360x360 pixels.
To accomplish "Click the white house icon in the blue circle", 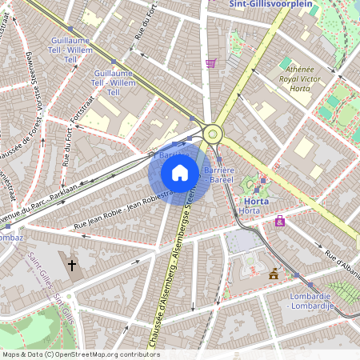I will click(x=180, y=173).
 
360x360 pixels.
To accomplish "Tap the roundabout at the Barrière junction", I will click(x=213, y=134).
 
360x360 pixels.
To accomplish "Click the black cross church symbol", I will click(x=72, y=264).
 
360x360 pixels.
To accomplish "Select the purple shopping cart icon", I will click(x=210, y=63).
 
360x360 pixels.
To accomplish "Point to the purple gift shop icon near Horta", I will click(x=280, y=222).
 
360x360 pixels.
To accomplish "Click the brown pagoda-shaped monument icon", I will click(x=274, y=274).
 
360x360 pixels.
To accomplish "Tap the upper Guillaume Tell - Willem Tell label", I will click(x=70, y=50).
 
